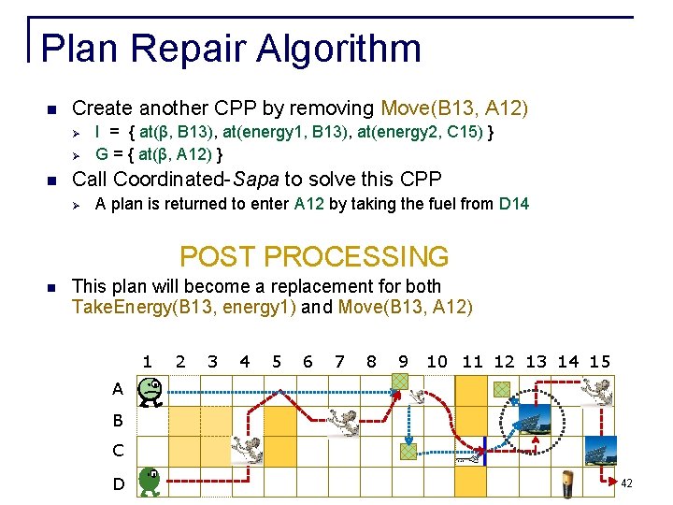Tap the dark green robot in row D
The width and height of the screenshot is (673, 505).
pyautogui.click(x=150, y=482)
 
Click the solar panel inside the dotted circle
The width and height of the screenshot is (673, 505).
pyautogui.click(x=535, y=420)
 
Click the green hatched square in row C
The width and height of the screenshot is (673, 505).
pyautogui.click(x=408, y=451)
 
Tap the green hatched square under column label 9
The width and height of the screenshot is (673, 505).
pyautogui.click(x=400, y=382)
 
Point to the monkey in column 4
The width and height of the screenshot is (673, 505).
pyautogui.click(x=247, y=449)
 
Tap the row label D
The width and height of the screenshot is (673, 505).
pyautogui.click(x=119, y=483)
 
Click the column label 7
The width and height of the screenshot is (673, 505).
pyautogui.click(x=339, y=361)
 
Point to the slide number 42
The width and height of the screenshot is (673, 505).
pyautogui.click(x=626, y=483)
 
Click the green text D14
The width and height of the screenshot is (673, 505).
pyautogui.click(x=514, y=203)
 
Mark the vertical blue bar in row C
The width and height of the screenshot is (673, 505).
pyautogui.click(x=486, y=451)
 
